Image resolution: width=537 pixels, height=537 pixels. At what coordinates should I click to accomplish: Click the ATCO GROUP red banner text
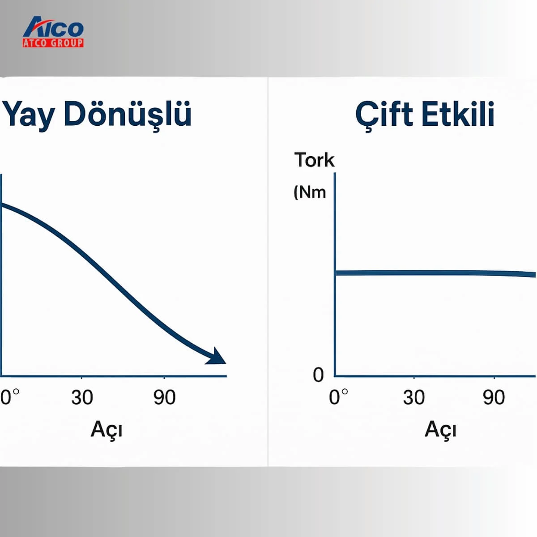coord(53,43)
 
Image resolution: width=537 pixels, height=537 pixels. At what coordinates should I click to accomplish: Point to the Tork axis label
coord(314,160)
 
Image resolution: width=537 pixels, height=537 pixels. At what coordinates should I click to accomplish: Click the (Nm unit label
coord(310,192)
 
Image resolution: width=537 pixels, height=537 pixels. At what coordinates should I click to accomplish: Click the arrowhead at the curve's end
coord(217,356)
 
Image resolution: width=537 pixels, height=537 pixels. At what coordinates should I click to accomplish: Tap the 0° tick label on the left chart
coord(10,397)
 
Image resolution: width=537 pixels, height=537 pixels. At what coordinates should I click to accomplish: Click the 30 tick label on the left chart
coord(82,397)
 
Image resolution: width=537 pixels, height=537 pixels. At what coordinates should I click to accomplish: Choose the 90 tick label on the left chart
coord(164,397)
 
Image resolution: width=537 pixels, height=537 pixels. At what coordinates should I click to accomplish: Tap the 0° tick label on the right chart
coord(338,397)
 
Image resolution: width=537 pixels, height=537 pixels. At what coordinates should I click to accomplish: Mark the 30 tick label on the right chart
coord(414,397)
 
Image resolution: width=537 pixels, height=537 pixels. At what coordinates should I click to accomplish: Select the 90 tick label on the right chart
coord(494,397)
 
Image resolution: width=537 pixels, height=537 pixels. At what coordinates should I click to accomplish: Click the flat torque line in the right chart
coord(435,273)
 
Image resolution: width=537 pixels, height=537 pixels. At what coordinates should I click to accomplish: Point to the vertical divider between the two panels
coord(268,272)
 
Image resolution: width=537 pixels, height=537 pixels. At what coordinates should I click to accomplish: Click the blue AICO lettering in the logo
coord(53,27)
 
